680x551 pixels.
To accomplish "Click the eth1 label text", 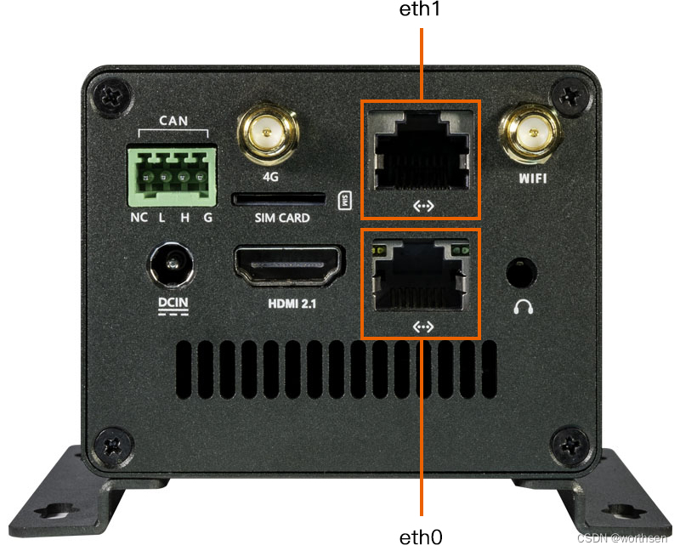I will (422, 11).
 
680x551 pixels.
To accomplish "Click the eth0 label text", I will (421, 537).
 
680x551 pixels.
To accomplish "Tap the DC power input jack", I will (174, 266).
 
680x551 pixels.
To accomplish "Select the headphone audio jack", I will (520, 273).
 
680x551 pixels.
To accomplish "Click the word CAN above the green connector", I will (173, 122).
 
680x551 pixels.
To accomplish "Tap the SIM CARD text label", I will (282, 218).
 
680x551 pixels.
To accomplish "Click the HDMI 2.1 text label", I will (289, 303).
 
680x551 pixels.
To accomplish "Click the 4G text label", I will (271, 179).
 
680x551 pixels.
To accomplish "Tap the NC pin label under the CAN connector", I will (139, 217).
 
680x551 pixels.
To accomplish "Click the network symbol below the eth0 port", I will (422, 327).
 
